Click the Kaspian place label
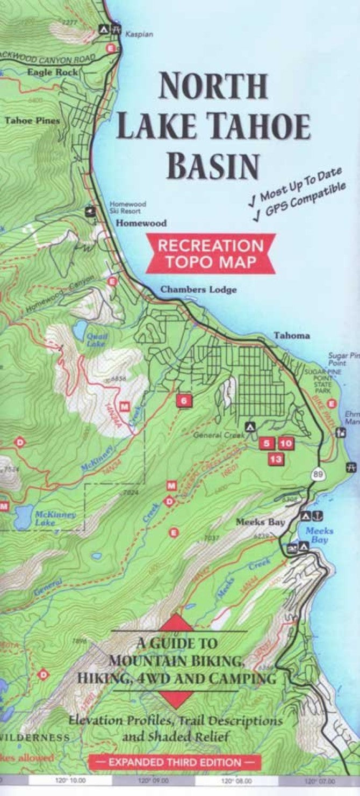(x=139, y=34)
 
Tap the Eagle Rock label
(x=52, y=71)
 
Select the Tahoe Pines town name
(x=32, y=120)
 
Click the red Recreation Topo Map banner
(x=211, y=254)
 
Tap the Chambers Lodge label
(x=198, y=290)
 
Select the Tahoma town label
(x=292, y=336)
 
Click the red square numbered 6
(x=184, y=400)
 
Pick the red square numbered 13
(x=276, y=459)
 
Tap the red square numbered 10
(x=286, y=444)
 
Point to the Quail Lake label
(x=97, y=338)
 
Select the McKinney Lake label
(x=55, y=517)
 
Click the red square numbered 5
(x=266, y=444)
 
